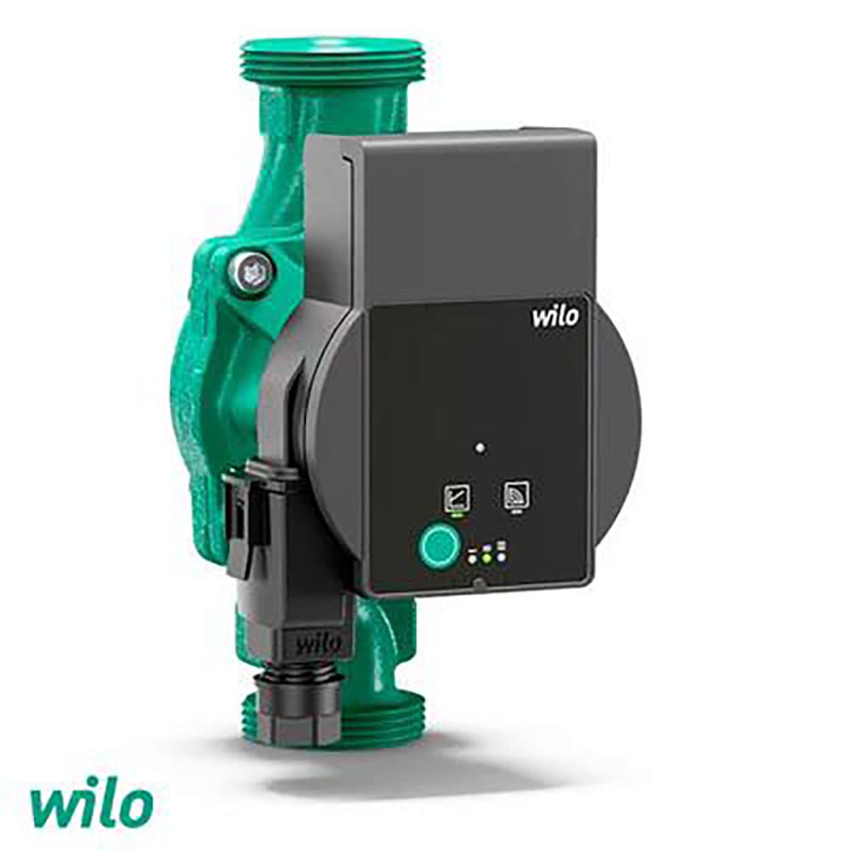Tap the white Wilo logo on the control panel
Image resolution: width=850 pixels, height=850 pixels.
pos(555,316)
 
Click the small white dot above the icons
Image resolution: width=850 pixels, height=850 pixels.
pos(479,448)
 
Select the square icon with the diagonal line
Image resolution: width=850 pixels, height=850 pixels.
pos(457,497)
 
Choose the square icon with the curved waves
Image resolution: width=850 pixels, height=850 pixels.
pos(517,494)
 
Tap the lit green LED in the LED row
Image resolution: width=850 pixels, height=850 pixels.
pos(487,558)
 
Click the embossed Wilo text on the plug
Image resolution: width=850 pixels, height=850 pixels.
pos(320,644)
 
